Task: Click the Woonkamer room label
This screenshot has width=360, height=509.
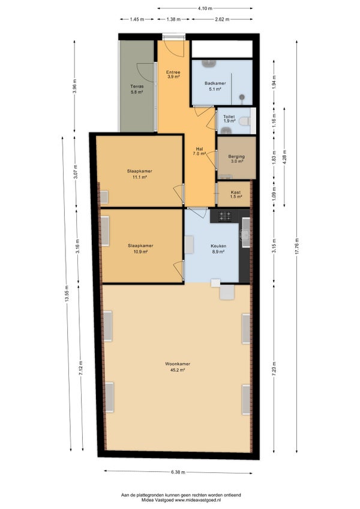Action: coord(178,364)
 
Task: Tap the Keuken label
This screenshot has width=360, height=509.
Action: coord(218,246)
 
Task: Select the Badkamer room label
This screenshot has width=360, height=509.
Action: coord(215,83)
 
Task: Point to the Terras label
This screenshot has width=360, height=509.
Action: coord(137,86)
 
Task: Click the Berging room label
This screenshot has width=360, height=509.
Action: coord(236,156)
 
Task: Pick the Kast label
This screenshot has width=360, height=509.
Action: coord(236,192)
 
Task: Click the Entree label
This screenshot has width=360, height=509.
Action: coord(173,72)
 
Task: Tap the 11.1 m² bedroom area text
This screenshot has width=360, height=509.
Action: coord(140,177)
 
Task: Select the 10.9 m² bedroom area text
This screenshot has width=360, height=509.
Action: coord(140,251)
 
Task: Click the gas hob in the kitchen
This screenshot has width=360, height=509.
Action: coord(224,215)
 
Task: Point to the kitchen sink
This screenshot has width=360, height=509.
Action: coord(245,233)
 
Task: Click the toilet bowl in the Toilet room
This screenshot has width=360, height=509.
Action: coord(244,121)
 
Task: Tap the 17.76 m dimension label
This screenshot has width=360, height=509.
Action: coord(296,247)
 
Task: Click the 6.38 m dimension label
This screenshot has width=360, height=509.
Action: coord(178,472)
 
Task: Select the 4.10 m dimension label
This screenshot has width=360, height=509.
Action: coord(205,8)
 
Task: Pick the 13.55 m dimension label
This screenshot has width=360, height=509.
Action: coord(67,294)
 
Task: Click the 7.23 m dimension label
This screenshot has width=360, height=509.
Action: coord(274,369)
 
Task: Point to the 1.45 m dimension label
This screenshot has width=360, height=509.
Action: coord(137,19)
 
